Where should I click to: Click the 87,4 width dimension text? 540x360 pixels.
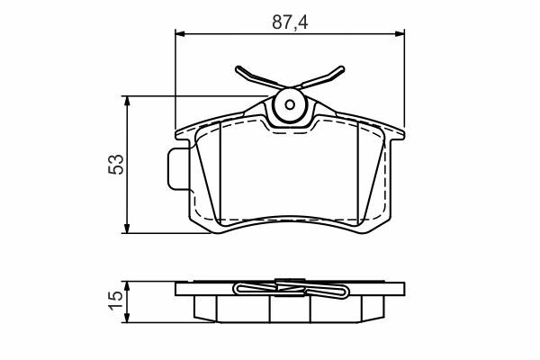290,22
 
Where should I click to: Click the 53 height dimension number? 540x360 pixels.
116,165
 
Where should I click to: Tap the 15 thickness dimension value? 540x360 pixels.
116,301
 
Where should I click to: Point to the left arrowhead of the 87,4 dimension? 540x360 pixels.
180,33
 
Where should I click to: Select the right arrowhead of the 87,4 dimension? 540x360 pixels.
400,33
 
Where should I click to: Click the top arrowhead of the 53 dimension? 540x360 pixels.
127,101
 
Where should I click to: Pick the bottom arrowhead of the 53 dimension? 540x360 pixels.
127,228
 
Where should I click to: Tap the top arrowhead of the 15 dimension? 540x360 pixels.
127,286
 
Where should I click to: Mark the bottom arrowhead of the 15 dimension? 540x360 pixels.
127,318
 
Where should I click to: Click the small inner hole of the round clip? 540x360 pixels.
290,104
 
